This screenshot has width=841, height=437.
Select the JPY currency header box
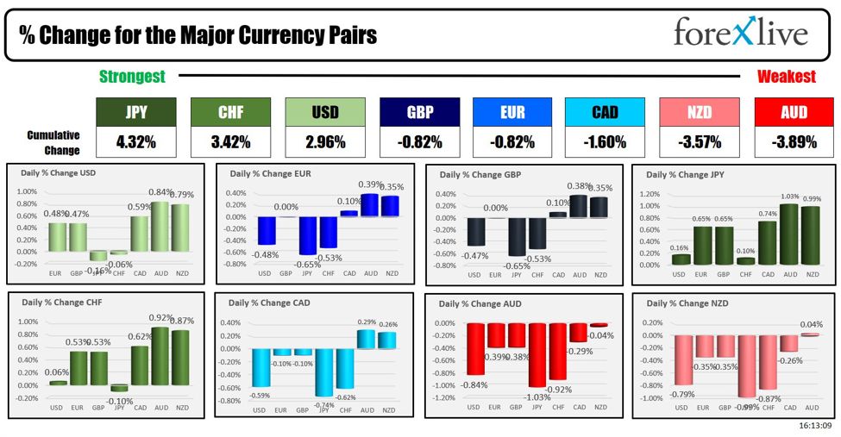click(135, 112)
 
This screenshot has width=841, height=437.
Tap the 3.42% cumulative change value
click(229, 142)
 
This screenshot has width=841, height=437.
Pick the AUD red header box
click(794, 112)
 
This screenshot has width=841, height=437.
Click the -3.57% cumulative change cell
click(700, 142)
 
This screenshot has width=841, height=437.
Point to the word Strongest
click(132, 77)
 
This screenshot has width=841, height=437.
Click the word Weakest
click(786, 77)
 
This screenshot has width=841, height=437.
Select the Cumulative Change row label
click(53, 142)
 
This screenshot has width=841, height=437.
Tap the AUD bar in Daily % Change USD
click(160, 225)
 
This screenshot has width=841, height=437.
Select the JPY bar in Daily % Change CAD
click(324, 372)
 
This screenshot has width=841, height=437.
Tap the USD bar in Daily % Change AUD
click(474, 349)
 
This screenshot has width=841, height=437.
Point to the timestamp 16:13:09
click(815, 426)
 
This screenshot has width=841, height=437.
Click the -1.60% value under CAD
click(606, 142)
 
